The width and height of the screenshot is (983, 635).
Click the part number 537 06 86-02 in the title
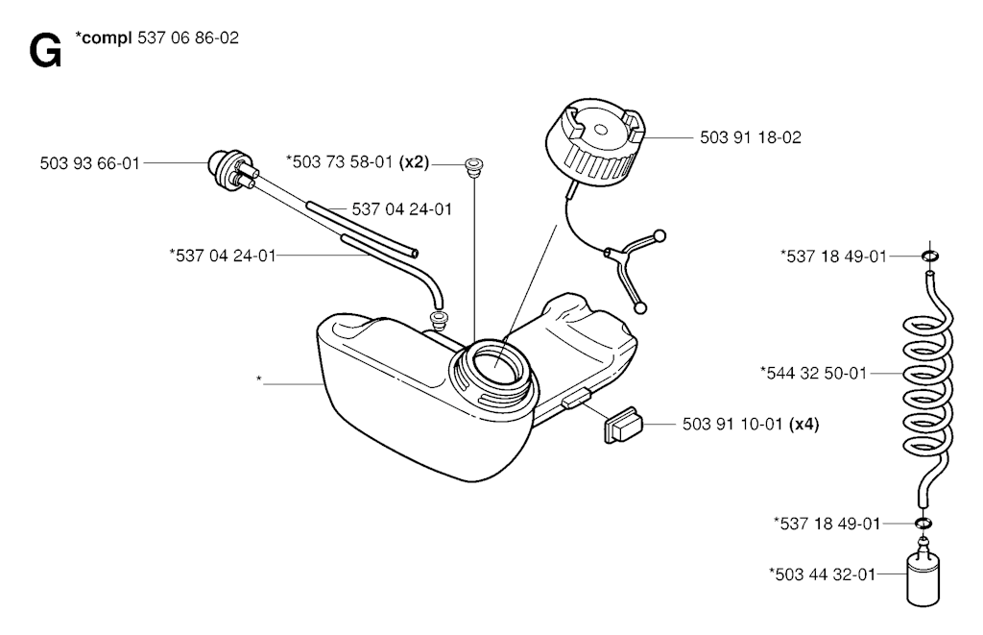click(187, 37)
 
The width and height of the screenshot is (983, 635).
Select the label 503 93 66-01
click(89, 163)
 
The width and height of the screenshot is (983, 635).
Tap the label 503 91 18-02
click(751, 137)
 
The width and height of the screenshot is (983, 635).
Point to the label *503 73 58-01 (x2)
click(357, 162)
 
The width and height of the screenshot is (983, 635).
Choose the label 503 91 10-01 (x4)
click(751, 425)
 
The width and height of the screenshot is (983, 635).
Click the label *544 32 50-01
click(813, 374)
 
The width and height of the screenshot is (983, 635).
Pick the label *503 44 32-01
click(822, 574)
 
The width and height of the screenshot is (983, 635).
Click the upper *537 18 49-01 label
click(834, 256)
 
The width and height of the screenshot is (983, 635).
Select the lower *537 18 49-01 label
click(827, 524)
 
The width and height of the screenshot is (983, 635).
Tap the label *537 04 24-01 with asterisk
click(223, 256)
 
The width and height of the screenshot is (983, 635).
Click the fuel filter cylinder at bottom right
click(923, 575)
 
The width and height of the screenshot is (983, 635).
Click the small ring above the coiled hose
click(930, 256)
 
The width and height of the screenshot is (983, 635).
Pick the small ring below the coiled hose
click(923, 524)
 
